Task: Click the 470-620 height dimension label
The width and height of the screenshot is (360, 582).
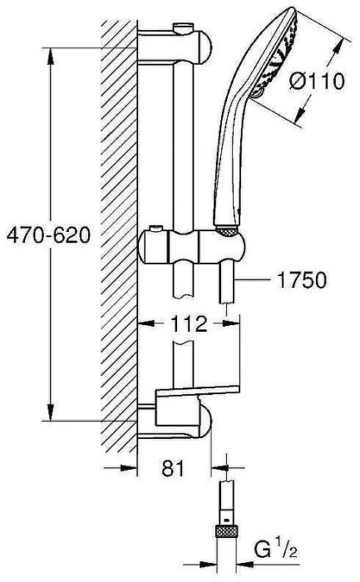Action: [x=45, y=236]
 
